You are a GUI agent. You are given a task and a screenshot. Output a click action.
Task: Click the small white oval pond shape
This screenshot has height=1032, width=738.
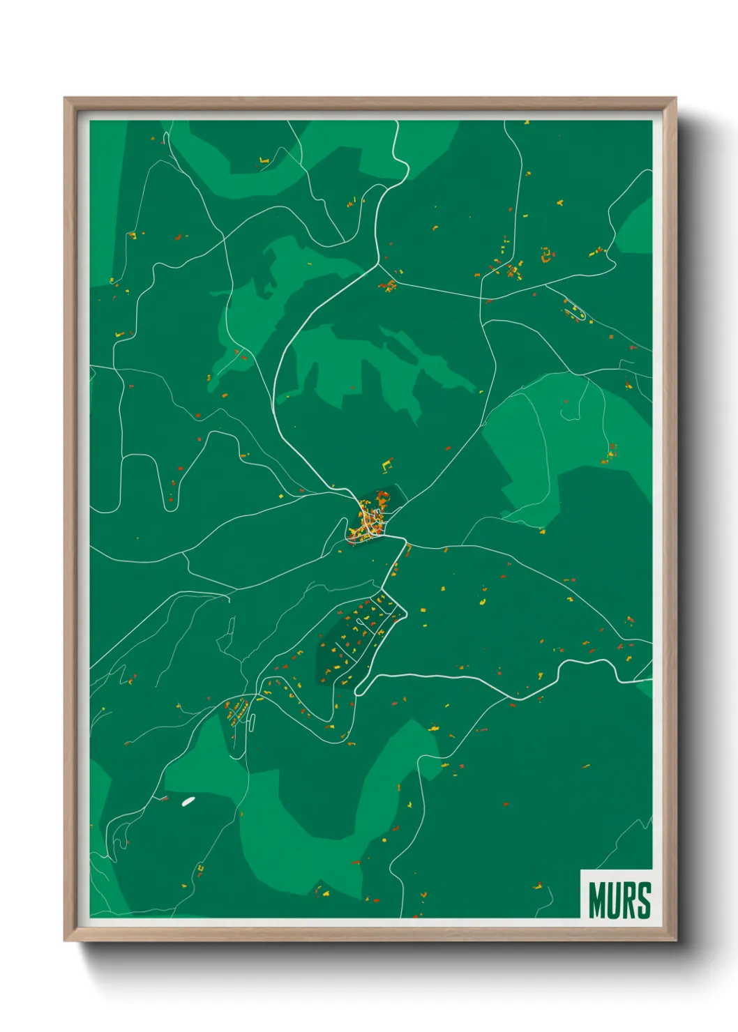(188, 801)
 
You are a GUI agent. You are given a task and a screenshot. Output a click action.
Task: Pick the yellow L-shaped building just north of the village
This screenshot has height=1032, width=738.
(387, 463)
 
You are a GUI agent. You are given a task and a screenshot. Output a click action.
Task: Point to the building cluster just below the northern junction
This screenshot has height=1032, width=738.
(389, 285)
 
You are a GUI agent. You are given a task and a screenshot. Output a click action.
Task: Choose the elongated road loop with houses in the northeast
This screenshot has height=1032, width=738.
(574, 310)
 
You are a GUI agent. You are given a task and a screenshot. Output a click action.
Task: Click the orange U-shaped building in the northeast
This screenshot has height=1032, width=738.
(547, 255)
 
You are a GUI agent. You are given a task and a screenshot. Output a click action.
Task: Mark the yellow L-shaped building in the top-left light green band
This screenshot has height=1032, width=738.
(263, 162)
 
